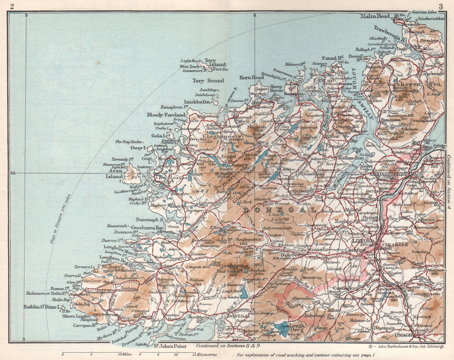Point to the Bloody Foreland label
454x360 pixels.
pyautogui.click(x=166, y=115)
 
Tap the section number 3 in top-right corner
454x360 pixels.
pyautogui.click(x=440, y=5)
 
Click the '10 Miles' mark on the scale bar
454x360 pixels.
pyautogui.click(x=125, y=354)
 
